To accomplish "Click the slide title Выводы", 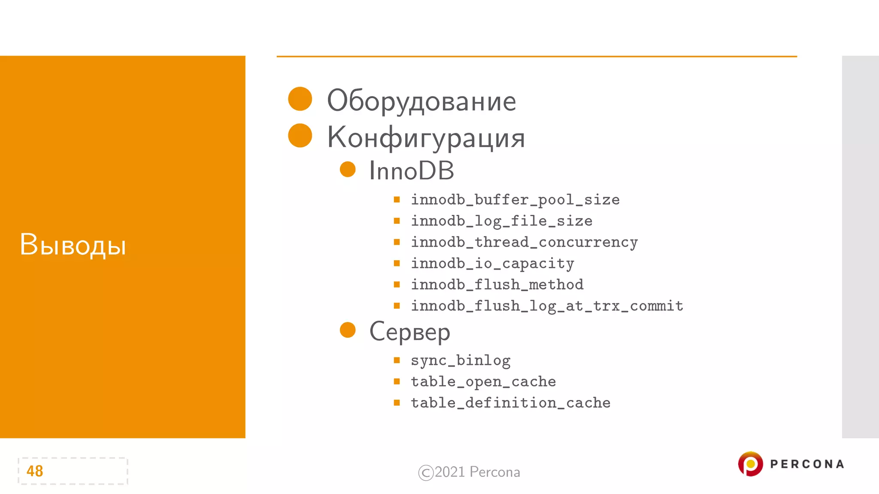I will click(73, 245).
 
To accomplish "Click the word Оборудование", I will click(421, 101).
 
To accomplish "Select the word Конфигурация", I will click(426, 138).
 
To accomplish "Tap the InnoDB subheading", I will click(411, 171).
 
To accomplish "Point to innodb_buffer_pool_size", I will click(515, 200).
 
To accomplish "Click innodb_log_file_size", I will click(501, 221).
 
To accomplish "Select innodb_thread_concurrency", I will click(524, 242).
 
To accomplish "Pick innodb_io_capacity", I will click(492, 263).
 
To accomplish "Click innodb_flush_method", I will click(497, 284).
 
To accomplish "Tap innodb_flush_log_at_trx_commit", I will click(547, 306).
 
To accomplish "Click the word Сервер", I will click(409, 332).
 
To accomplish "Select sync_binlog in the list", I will click(461, 360).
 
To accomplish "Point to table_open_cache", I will click(483, 382).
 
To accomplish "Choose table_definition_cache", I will click(510, 403).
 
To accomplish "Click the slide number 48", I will click(35, 471).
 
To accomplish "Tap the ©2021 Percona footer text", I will click(469, 472).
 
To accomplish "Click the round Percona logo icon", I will click(750, 464).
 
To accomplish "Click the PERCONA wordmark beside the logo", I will click(807, 464).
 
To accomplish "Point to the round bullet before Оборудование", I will click(300, 99).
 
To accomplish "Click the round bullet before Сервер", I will click(348, 330).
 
